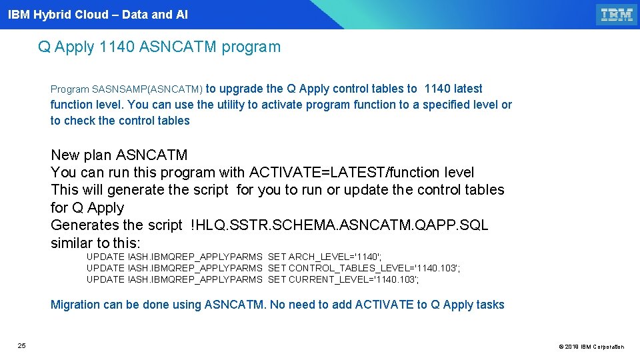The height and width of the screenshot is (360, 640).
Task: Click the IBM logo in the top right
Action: tap(616, 15)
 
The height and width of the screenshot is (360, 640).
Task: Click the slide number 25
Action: tap(22, 345)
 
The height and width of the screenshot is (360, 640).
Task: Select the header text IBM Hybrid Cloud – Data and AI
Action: tap(98, 15)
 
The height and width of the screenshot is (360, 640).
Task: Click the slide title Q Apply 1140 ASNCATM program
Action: tap(159, 47)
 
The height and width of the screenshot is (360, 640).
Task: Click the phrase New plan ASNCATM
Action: tap(119, 155)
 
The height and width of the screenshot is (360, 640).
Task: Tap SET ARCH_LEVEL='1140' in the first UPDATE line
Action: tap(325, 257)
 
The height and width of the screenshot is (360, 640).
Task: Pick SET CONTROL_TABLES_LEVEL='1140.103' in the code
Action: tap(363, 268)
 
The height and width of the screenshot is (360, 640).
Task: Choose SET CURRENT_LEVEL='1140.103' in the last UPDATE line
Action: tap(343, 279)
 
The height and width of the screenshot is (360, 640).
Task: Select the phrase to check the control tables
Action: tap(120, 121)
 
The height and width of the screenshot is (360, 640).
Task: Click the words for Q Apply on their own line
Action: tap(87, 207)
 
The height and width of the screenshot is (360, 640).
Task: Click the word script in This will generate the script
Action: tap(210, 190)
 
